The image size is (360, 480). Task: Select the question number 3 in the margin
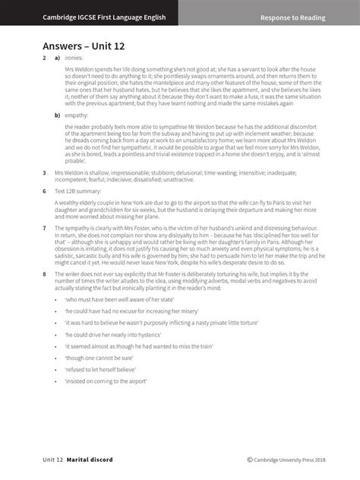pyautogui.click(x=44, y=172)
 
